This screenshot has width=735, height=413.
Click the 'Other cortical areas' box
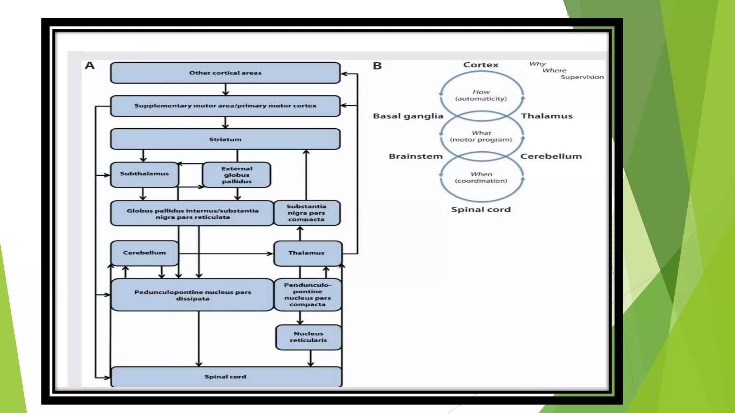point(225,73)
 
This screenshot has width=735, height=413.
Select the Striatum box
point(225,139)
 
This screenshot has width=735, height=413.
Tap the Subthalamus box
point(144,174)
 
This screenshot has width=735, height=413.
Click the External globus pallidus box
point(237,175)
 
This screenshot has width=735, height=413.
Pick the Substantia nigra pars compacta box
point(306,213)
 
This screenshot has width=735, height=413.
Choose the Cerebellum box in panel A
point(144,253)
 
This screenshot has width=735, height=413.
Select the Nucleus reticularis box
point(308,337)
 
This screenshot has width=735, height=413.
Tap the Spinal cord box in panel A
point(225,376)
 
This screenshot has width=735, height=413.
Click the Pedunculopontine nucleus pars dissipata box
point(192,295)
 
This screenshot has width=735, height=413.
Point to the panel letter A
point(90,66)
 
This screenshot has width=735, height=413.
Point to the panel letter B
point(377,66)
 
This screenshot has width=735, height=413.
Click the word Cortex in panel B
point(481,65)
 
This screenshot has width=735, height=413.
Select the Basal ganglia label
point(408,116)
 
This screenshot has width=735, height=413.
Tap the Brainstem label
point(416,156)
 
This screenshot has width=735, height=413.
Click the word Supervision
point(582,77)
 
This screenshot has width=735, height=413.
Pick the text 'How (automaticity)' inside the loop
point(481,95)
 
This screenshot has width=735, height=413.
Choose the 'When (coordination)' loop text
point(481,177)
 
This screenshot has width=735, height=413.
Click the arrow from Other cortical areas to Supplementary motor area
point(225,89)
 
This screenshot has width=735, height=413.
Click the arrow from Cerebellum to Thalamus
point(226,253)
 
